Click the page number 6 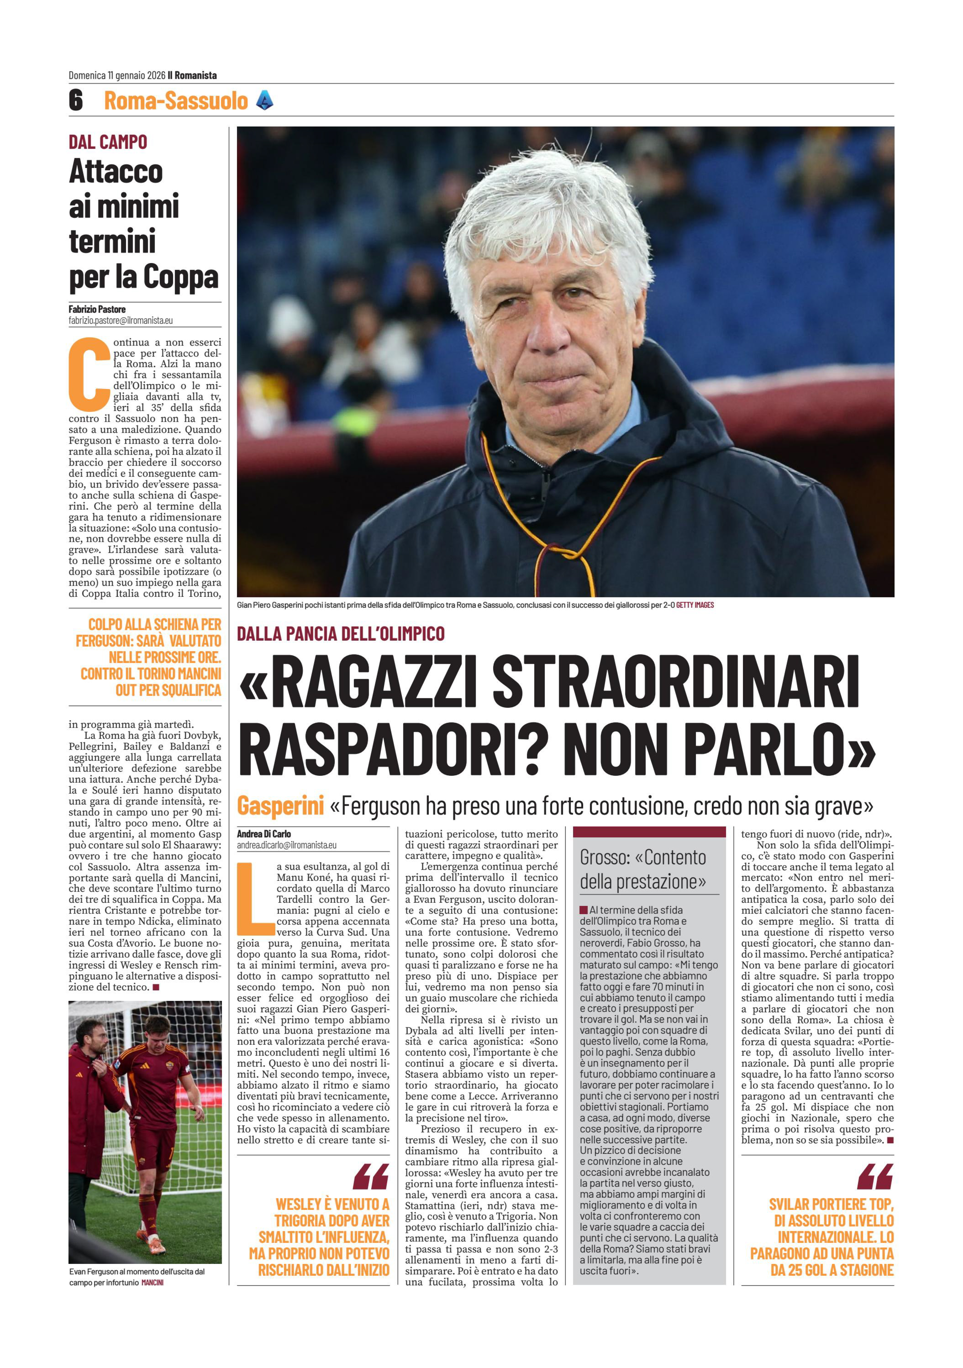coord(76,100)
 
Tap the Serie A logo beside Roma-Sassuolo coord(264,100)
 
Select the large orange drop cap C coord(89,374)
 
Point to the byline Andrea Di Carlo coord(264,833)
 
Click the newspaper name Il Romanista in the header coord(192,75)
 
